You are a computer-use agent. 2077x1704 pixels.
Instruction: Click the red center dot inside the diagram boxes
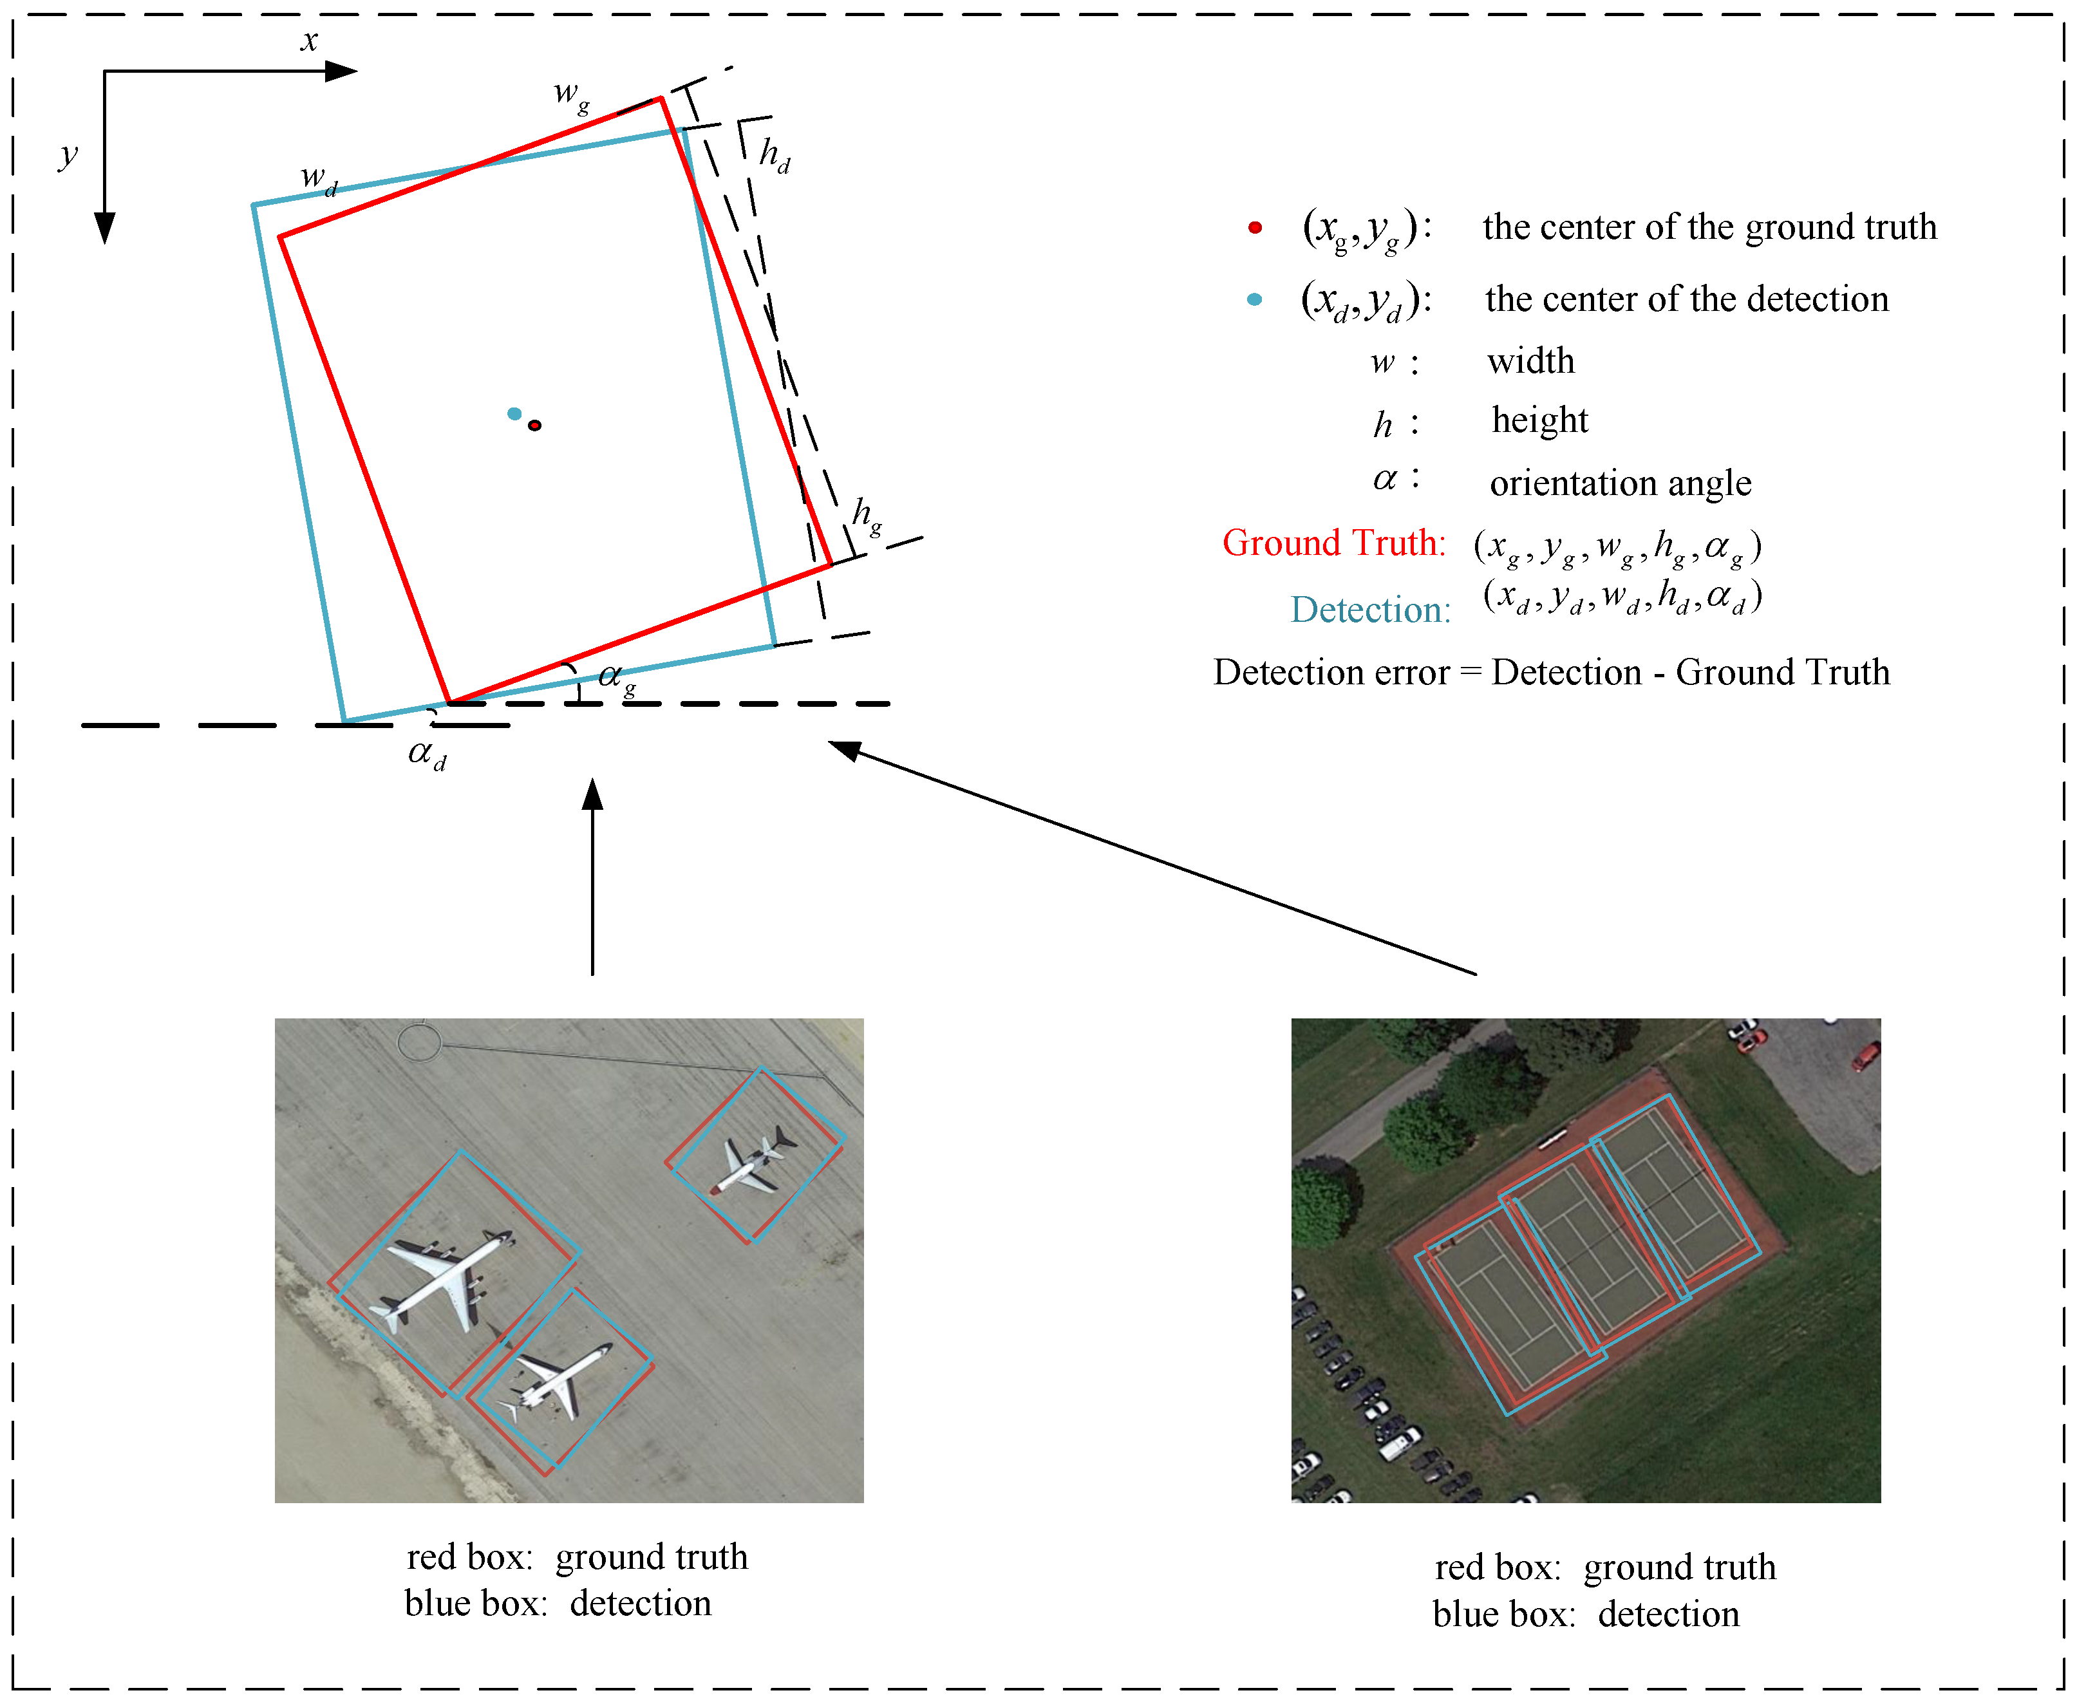(x=534, y=425)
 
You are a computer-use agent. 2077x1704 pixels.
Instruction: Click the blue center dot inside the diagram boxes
(x=513, y=414)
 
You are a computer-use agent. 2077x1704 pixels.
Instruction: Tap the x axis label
(x=309, y=41)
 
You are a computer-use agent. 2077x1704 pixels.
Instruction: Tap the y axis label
(x=67, y=155)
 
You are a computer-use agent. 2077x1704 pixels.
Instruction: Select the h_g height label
(x=867, y=514)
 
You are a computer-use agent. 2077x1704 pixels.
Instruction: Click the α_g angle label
(x=616, y=677)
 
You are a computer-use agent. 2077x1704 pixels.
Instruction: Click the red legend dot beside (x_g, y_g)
(x=1254, y=228)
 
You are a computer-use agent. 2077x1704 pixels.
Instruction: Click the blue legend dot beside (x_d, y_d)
(x=1254, y=299)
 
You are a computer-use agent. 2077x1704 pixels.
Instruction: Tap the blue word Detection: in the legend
(x=1370, y=610)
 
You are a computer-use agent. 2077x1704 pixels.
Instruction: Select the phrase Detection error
(x=1331, y=672)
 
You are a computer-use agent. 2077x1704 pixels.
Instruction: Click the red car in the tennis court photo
(x=1865, y=1057)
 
